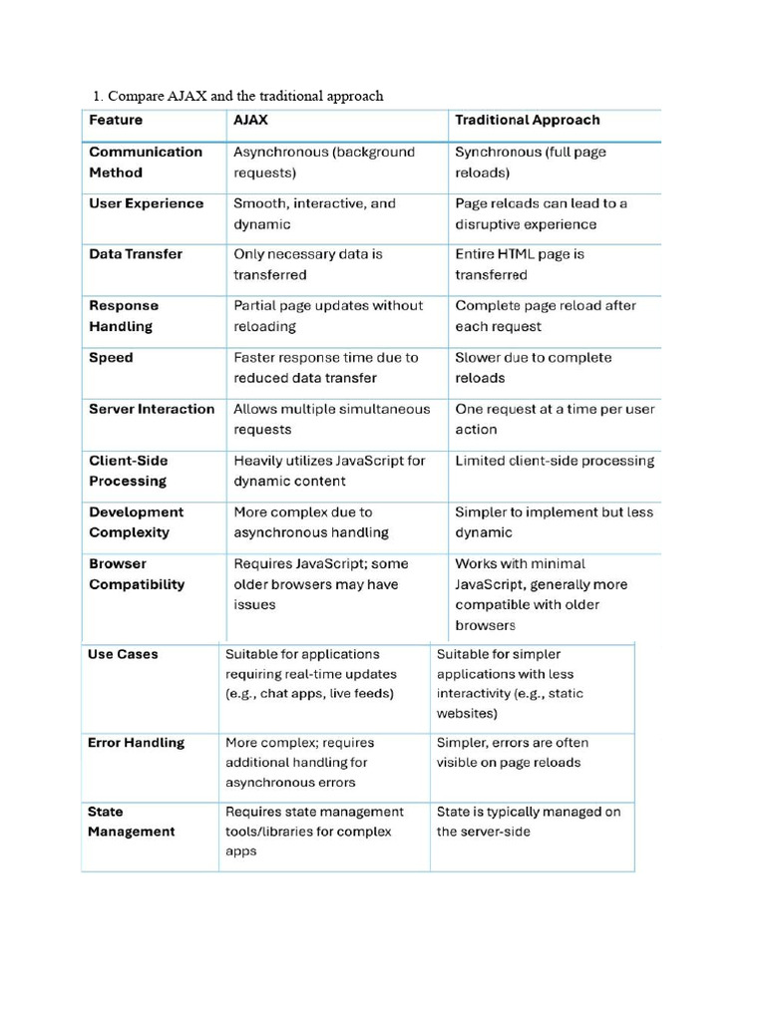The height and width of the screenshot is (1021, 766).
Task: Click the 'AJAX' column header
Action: coord(250,120)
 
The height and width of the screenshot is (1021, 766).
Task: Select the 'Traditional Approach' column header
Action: coord(528,120)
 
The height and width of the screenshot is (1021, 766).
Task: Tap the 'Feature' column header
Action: coord(116,120)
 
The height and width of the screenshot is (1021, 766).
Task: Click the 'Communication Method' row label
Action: coord(146,162)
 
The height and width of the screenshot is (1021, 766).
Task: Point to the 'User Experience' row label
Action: coord(146,203)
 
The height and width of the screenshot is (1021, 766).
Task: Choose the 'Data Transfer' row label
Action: coord(136,254)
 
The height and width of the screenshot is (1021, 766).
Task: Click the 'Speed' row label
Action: coord(111,357)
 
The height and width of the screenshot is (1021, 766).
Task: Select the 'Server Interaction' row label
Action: coord(152,409)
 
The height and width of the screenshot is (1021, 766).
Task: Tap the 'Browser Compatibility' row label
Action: coord(137,573)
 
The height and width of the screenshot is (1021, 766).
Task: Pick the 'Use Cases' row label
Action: coord(123,654)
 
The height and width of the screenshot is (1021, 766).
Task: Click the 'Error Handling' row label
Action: coord(136,743)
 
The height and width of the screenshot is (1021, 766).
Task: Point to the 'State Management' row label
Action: coord(131,822)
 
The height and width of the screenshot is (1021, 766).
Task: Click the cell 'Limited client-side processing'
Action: coord(555,461)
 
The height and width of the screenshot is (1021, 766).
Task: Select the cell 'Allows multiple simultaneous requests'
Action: coord(331,419)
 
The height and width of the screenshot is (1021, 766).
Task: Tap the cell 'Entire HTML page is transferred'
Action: coord(520,264)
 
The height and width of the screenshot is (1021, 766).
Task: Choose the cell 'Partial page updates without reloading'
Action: coord(328,316)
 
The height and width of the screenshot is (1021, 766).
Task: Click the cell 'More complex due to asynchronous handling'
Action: coord(311,522)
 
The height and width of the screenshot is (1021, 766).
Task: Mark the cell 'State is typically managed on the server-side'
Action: coord(529,822)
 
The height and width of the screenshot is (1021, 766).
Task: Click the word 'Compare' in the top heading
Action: coord(138,96)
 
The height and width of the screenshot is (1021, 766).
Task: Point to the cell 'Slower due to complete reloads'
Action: coord(534,367)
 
